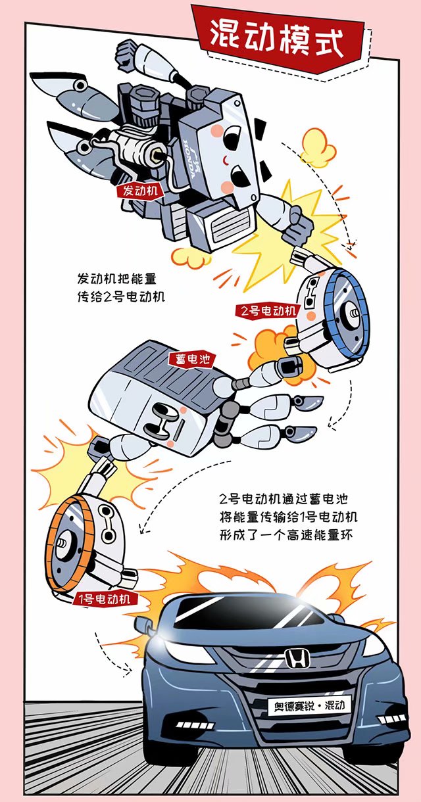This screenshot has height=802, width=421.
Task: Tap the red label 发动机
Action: pyautogui.click(x=140, y=190)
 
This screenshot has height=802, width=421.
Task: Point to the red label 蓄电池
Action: pyautogui.click(x=192, y=359)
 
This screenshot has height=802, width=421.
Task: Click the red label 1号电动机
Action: pyautogui.click(x=105, y=598)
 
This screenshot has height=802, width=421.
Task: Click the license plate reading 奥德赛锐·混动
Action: pyautogui.click(x=310, y=705)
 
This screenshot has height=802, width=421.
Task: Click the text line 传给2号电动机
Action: pyautogui.click(x=121, y=296)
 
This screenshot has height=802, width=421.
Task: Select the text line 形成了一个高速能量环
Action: pyautogui.click(x=287, y=535)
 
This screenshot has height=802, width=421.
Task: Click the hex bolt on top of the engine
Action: pyautogui.click(x=142, y=95)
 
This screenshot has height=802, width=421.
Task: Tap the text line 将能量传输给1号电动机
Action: pyautogui.click(x=289, y=517)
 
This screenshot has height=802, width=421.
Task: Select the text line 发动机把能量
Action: pyautogui.click(x=117, y=278)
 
